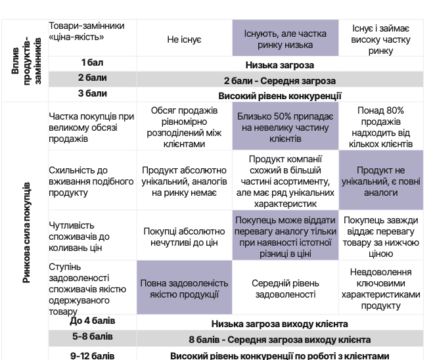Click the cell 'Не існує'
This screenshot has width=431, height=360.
coord(184,39)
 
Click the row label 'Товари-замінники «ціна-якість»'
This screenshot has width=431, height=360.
coord(87,31)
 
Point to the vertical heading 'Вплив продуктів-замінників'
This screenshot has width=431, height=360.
coord(24,60)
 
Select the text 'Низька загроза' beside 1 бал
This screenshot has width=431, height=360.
coord(280,65)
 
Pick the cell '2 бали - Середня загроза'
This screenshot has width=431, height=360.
coord(279,81)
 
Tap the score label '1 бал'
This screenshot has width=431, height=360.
coord(93,62)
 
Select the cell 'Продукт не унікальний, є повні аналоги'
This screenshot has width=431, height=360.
coord(381,181)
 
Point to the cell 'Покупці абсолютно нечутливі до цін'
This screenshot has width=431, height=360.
coord(184,236)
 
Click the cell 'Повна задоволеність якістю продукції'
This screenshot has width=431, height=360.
coord(184,288)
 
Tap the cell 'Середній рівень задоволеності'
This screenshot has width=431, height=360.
coord(285,288)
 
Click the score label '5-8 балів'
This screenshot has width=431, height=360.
coord(93,336)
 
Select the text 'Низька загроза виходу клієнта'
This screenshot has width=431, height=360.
coord(279,324)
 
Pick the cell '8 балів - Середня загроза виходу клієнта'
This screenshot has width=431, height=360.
coord(279,340)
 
